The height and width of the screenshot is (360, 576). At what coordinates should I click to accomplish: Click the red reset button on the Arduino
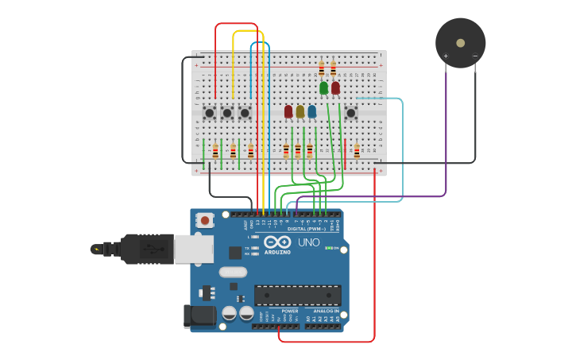pos(205,220)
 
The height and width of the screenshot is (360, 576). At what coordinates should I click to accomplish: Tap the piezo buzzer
pos(460,43)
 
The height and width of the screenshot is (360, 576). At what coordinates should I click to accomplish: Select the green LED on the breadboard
pos(323,87)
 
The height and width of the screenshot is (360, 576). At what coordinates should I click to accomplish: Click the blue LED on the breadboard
pos(311,111)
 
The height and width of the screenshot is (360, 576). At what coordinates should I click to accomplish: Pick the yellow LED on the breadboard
pos(300,111)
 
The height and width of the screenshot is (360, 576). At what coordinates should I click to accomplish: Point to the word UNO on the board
pos(308,242)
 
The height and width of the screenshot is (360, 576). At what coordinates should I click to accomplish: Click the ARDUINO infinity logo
pos(278,242)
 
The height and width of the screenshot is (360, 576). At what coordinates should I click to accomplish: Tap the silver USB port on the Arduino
pos(193,250)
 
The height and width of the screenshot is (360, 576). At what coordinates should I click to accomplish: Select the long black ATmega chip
pos(297,295)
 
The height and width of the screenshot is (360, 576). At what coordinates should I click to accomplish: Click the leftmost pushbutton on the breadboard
pos(209,113)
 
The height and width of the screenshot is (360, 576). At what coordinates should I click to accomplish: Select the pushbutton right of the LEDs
pos(350,113)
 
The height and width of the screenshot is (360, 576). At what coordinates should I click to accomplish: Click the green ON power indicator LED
pos(328,248)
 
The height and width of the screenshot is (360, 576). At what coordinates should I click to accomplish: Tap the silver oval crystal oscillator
pos(234,272)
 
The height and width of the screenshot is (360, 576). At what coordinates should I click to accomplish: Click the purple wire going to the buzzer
pos(446,143)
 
